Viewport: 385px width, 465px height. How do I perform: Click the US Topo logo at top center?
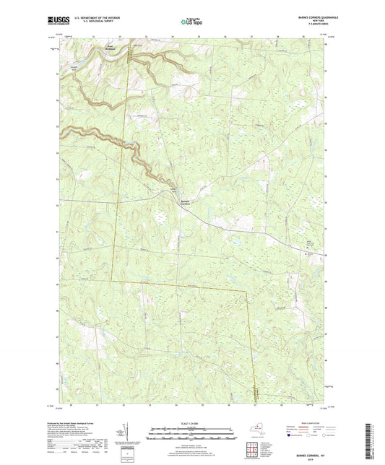pyautogui.click(x=191, y=21)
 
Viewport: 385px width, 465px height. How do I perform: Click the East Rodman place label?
pyautogui.click(x=110, y=48)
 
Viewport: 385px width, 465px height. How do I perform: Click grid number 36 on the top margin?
pyautogui.click(x=225, y=35)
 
